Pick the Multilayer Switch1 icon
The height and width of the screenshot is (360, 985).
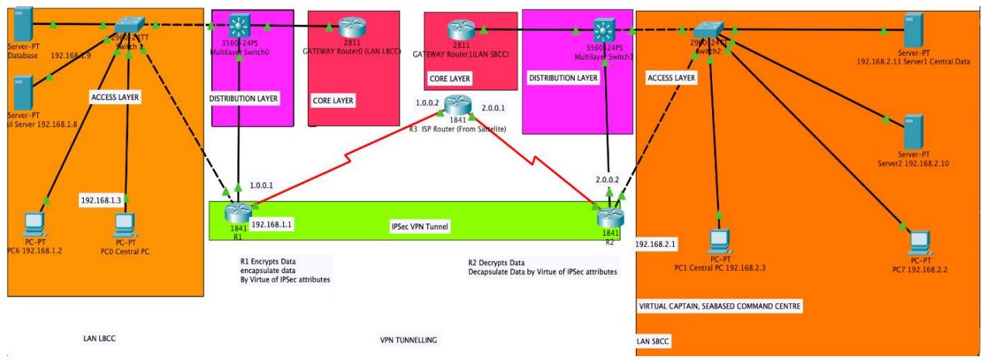(603, 31)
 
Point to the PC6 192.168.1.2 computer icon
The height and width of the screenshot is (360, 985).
(34, 223)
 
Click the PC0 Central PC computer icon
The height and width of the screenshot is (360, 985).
(124, 223)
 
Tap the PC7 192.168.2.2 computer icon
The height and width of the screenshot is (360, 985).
(921, 240)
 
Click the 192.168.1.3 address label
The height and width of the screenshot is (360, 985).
(101, 200)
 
